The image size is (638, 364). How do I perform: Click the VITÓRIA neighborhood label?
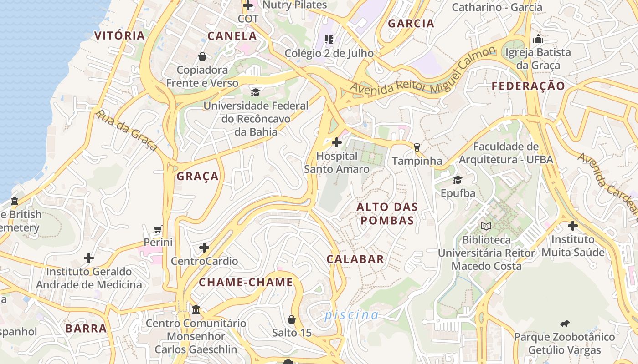119,35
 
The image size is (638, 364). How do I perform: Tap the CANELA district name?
232,36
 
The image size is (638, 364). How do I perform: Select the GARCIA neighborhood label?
411,24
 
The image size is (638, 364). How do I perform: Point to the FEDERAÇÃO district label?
528,86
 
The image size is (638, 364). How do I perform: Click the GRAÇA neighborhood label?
198,177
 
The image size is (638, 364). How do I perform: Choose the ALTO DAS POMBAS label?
386,214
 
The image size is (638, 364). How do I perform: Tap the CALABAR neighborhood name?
355,259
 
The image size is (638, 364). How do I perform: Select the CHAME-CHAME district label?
246,282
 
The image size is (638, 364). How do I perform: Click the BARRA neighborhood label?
86,329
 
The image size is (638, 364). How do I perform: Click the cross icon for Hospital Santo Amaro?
337,143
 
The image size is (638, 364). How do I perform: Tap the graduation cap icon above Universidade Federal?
256,93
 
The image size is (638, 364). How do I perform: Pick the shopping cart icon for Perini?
158,229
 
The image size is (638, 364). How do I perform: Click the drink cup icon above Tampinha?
417,147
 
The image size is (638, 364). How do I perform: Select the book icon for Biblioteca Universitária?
486,226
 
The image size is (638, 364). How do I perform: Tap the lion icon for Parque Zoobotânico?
565,324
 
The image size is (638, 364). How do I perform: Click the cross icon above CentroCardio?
204,248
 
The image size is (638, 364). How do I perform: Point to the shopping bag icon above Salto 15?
292,319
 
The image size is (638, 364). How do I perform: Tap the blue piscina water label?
351,315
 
